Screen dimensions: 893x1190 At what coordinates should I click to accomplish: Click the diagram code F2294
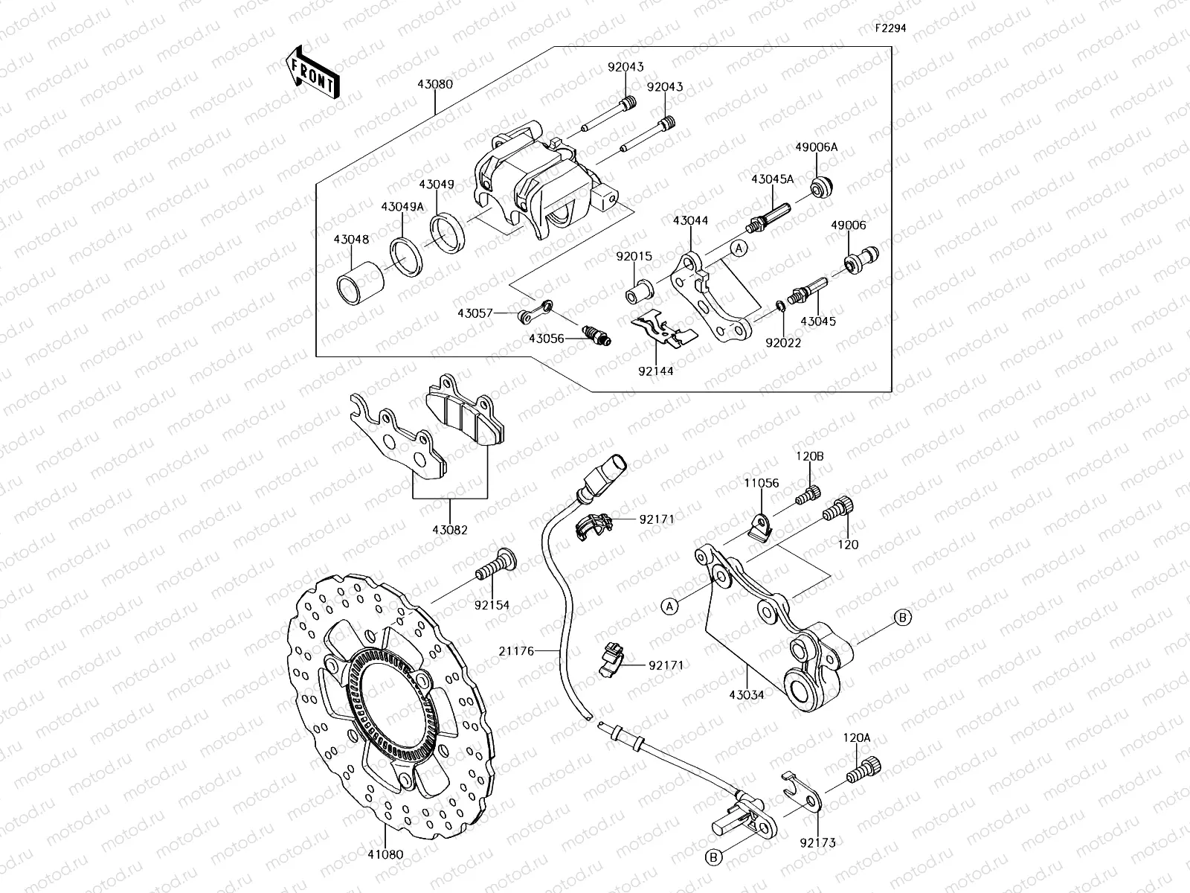890,28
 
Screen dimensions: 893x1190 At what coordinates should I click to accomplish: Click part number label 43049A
402,206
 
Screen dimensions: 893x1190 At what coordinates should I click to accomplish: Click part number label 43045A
772,179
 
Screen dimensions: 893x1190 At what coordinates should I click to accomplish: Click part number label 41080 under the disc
385,854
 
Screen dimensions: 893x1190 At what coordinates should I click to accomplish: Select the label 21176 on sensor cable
517,650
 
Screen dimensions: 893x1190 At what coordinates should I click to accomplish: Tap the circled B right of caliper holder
902,616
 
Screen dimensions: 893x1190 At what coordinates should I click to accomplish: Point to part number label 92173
818,842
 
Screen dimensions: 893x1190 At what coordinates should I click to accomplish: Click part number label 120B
810,456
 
